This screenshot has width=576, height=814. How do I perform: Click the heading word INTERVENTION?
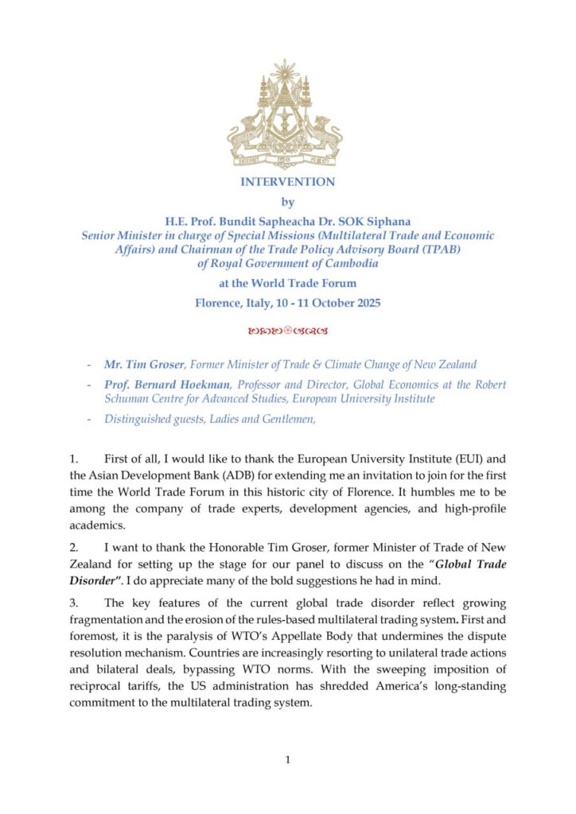[x=287, y=182]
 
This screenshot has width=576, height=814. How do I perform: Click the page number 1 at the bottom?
[x=288, y=761]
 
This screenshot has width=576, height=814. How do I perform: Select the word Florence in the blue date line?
[x=219, y=303]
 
